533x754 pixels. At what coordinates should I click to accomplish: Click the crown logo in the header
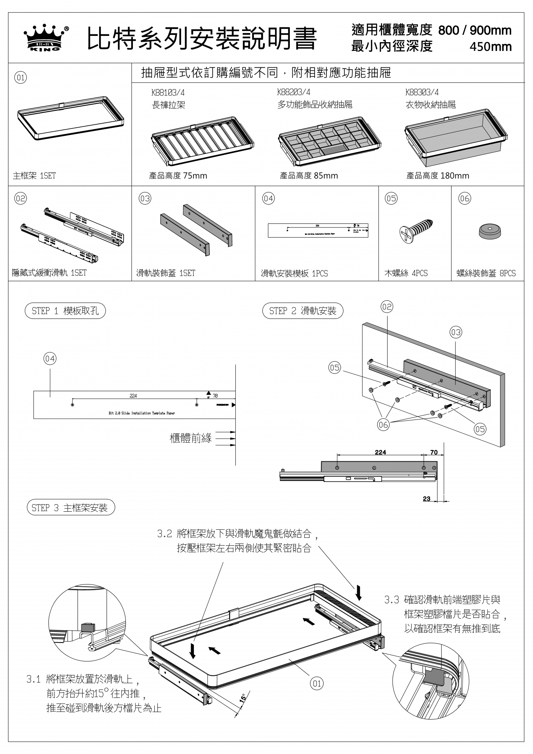click(x=46, y=38)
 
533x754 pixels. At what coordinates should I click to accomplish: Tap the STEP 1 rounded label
click(x=65, y=311)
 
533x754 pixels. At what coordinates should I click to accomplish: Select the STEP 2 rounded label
click(x=302, y=311)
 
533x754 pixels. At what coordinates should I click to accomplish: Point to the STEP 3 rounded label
click(x=71, y=508)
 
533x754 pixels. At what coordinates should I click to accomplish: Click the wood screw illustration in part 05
click(x=416, y=229)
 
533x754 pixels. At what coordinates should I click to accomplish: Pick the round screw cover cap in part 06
click(x=490, y=231)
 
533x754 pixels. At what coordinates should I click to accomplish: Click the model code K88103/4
click(x=168, y=93)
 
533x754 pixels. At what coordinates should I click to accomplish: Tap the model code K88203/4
click(x=294, y=92)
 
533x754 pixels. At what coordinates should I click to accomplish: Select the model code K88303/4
click(x=422, y=92)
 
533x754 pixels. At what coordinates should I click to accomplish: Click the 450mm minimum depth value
click(x=490, y=47)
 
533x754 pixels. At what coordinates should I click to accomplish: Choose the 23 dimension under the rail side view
click(x=426, y=499)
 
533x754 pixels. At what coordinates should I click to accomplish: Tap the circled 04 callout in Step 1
click(x=50, y=359)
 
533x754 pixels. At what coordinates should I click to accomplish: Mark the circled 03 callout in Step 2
click(x=456, y=332)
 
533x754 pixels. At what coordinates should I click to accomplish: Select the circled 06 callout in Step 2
click(x=383, y=425)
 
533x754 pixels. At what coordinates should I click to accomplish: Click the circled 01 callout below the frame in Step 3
click(x=317, y=683)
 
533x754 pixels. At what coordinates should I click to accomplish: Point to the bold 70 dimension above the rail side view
click(x=434, y=452)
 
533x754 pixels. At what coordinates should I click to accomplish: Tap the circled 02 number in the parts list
click(x=20, y=199)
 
